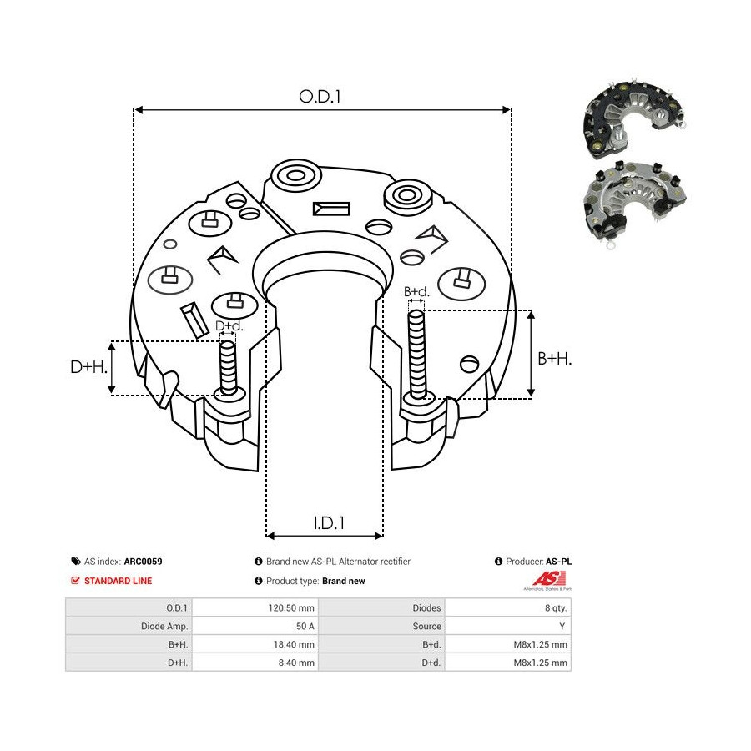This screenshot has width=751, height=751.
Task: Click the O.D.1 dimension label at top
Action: [320, 96]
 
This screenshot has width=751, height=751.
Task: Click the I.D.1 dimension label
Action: [330, 523]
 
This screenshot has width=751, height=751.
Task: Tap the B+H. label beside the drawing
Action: [554, 358]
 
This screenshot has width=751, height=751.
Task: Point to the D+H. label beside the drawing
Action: [88, 366]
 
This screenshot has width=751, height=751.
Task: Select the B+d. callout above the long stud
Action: [416, 292]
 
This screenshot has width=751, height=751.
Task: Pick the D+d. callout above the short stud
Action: [229, 326]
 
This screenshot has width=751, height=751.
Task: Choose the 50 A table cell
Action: [305, 626]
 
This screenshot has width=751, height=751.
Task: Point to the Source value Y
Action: [565, 626]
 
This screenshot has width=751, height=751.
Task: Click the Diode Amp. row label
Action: [164, 626]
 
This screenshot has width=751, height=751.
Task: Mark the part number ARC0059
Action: [143, 562]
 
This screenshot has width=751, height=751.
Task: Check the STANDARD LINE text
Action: [118, 581]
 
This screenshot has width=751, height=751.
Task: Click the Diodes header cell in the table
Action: [426, 608]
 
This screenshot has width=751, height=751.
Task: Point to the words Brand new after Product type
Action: [344, 581]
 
